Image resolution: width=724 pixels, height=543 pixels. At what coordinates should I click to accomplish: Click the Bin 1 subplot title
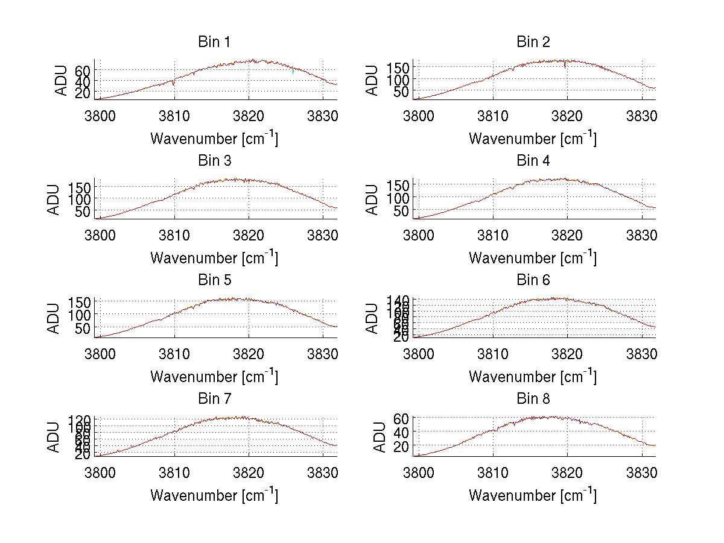214,42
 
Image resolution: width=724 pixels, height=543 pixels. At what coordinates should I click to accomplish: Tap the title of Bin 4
533,161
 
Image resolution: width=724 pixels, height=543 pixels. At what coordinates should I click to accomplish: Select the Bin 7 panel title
214,399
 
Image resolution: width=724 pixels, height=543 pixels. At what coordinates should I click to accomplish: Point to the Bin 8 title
533,399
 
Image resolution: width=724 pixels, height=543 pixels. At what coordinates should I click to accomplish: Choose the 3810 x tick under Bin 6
493,353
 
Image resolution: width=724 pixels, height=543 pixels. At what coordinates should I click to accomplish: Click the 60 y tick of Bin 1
82,70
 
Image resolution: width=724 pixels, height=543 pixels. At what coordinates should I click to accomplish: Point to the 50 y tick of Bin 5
82,328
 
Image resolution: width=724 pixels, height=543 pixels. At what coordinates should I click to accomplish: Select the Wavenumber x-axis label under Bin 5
214,377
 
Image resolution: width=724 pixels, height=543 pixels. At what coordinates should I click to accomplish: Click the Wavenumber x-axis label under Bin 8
533,495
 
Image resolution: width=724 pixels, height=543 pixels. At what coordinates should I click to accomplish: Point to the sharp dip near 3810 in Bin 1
174,84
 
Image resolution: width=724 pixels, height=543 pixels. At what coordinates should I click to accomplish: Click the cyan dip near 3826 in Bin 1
293,72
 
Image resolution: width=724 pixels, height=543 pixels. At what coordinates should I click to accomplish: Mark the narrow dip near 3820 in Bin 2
565,66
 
